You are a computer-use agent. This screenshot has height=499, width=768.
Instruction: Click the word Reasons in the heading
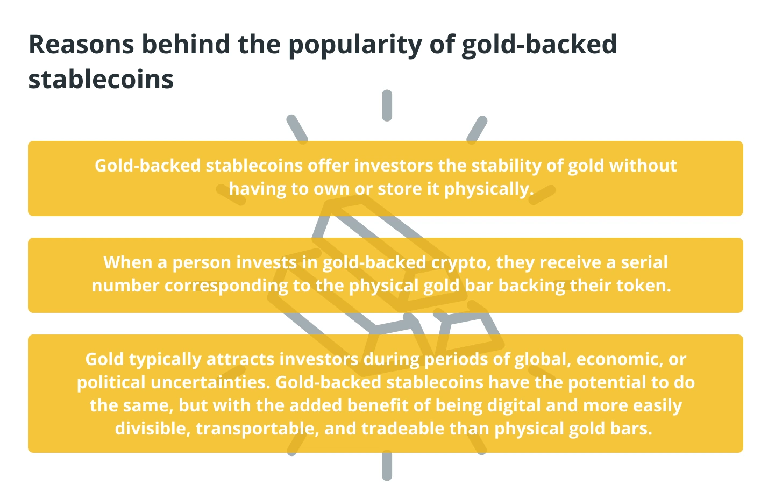tap(81, 44)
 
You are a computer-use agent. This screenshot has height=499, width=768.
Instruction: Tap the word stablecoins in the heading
tap(101, 79)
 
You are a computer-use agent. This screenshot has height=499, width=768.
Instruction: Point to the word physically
tap(489, 189)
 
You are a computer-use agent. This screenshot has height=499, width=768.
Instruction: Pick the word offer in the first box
tap(328, 165)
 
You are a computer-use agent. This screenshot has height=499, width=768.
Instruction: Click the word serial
tap(644, 262)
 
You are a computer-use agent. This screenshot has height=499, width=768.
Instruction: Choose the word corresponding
tap(226, 287)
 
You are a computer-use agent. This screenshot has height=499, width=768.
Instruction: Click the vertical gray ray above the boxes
tap(387, 105)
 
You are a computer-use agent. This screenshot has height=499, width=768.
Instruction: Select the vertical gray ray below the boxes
tap(387, 466)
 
